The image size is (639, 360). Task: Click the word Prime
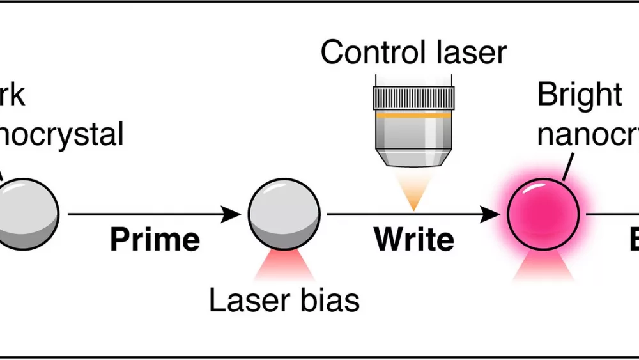coord(155,239)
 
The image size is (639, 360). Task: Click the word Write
coord(414,239)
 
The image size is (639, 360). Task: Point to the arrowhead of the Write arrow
coord(491,214)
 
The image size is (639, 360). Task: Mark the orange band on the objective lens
coord(413,117)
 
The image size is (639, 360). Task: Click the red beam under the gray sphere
coord(284,267)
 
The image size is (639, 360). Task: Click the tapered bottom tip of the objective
coord(413,160)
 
